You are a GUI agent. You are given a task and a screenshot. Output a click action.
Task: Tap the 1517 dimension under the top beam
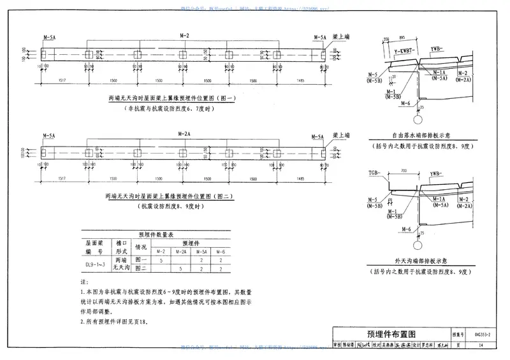click(x=63, y=81)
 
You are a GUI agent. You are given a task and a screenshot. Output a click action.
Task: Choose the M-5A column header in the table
click(x=201, y=252)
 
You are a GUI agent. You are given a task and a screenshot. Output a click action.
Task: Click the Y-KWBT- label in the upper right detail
click(x=404, y=49)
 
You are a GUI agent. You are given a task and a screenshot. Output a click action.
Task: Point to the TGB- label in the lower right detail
click(x=375, y=173)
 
